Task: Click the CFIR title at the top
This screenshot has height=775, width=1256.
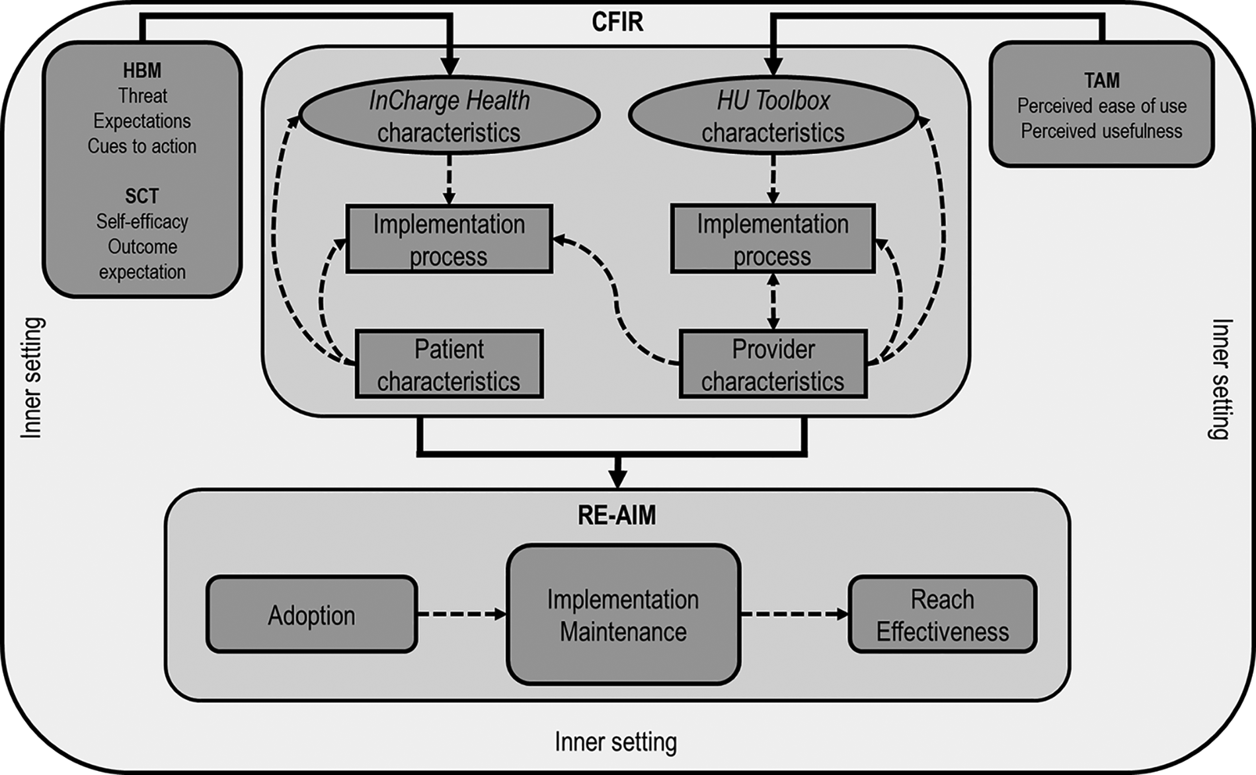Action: click(617, 22)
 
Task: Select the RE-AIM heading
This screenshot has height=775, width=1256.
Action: click(617, 515)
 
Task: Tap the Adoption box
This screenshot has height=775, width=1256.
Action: click(311, 615)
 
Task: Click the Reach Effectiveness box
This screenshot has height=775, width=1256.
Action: click(942, 615)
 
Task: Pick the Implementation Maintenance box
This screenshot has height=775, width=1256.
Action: click(623, 615)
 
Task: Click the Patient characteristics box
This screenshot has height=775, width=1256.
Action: click(449, 365)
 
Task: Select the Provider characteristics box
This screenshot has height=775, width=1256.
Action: click(773, 365)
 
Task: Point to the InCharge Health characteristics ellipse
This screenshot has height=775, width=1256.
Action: click(449, 116)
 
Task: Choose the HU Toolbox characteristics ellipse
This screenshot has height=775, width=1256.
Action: click(773, 116)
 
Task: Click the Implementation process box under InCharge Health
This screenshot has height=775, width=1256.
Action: click(449, 239)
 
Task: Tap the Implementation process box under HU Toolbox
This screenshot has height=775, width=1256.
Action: click(773, 239)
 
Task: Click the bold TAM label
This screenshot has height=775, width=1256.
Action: click(1101, 81)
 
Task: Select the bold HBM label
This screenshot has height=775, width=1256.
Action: click(142, 71)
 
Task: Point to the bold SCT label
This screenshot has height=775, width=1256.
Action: click(142, 196)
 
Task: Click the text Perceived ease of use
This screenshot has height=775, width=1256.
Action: click(1101, 106)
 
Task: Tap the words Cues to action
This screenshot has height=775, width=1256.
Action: click(142, 146)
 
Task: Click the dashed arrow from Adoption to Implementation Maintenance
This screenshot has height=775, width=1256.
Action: click(461, 614)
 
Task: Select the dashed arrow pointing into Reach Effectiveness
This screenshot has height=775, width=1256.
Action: click(794, 614)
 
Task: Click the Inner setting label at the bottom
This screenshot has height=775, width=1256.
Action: click(615, 742)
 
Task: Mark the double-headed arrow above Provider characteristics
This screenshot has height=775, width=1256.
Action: click(773, 301)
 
